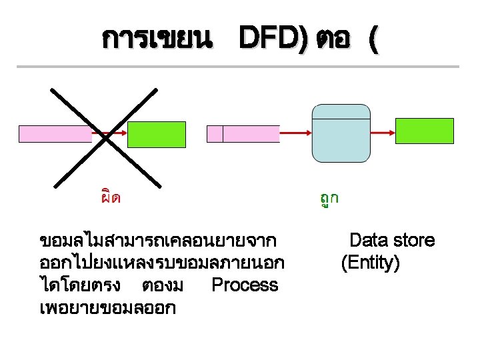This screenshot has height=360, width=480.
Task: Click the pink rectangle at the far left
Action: tap(55, 134)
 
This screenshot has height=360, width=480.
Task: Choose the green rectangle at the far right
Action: tap(424, 131)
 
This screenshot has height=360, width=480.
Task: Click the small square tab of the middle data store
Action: tap(215, 134)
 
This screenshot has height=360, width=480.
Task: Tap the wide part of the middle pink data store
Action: tap(250, 134)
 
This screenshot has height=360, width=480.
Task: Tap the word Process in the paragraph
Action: tap(244, 285)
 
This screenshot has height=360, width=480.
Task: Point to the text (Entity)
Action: tap(370, 263)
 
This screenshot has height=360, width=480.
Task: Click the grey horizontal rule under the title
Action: tap(238, 67)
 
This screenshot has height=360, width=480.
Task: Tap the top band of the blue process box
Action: tap(341, 111)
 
